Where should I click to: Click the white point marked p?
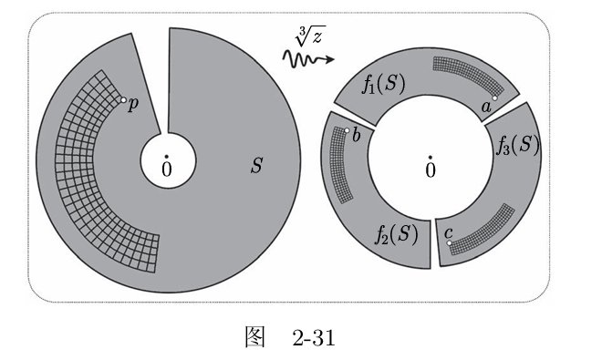(123, 99)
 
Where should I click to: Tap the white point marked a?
(495, 98)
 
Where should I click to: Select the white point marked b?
(347, 130)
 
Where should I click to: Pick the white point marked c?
(449, 243)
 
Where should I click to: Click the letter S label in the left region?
(256, 166)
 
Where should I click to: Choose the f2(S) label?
(396, 233)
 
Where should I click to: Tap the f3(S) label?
(517, 146)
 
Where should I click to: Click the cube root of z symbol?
(310, 36)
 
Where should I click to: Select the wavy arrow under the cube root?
(308, 60)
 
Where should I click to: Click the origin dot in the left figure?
(166, 157)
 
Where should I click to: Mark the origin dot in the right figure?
(431, 158)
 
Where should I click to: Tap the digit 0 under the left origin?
(167, 170)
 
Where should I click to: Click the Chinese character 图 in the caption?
(254, 337)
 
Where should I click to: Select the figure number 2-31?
(314, 338)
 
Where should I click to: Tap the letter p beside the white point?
(133, 105)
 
